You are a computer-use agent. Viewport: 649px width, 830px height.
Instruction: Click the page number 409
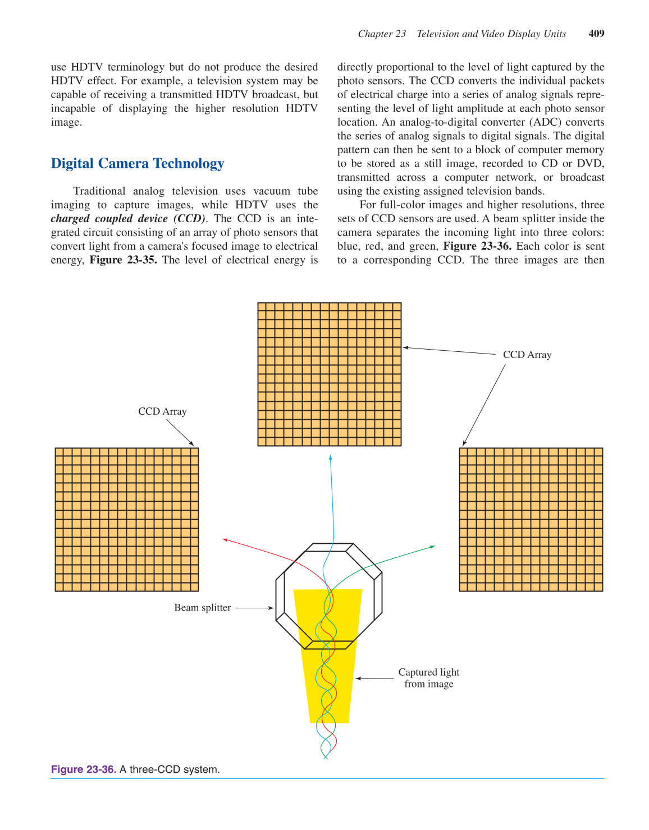(x=596, y=34)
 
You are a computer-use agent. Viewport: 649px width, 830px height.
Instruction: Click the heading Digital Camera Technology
(x=138, y=163)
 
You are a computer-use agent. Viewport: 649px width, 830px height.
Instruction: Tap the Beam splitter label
(x=202, y=608)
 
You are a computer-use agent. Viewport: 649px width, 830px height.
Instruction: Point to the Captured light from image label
(x=429, y=678)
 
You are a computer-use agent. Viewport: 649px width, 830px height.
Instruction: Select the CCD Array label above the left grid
(x=162, y=411)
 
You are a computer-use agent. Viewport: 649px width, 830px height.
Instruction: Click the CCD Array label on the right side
(x=527, y=355)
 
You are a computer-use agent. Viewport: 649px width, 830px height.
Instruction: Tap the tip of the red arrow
(x=223, y=539)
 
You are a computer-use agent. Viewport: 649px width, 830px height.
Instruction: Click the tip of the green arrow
(x=435, y=546)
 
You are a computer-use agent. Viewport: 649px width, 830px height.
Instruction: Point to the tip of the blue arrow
(x=330, y=456)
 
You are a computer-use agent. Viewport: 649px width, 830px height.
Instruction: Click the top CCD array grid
(x=330, y=374)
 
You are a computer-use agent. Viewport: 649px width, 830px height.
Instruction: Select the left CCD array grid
(x=127, y=520)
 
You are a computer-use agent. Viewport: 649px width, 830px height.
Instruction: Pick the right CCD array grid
(x=531, y=520)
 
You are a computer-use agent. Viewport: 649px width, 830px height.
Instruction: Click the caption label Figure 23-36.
(x=84, y=769)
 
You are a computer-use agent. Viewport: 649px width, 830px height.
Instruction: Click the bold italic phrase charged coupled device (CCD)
(x=128, y=218)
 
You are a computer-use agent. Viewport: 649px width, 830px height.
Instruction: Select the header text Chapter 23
(x=382, y=34)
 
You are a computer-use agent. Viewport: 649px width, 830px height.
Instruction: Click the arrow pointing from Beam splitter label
(x=254, y=608)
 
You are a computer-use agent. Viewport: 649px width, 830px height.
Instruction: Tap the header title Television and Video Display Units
(x=491, y=34)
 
